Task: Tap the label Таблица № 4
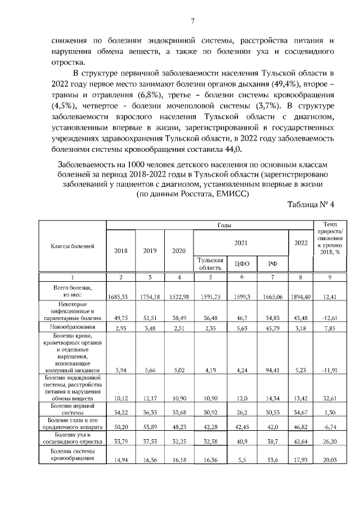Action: pos(310,204)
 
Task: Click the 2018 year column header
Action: pos(120,251)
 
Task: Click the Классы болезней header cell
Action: pos(72,246)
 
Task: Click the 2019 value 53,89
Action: pos(149,428)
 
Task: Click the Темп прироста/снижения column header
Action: pos(330,238)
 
